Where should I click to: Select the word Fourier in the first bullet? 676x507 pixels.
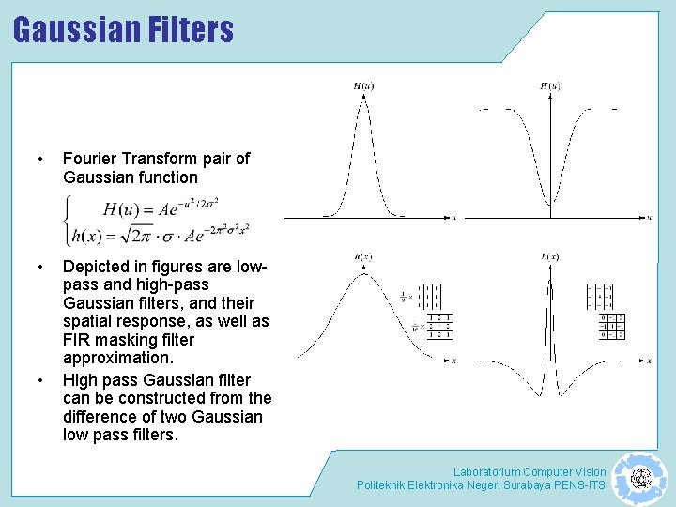[x=91, y=159]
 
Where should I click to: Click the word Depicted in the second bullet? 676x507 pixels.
[x=98, y=268]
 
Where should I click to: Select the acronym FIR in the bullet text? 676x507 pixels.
[x=78, y=340]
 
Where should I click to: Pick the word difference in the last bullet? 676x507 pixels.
[x=101, y=417]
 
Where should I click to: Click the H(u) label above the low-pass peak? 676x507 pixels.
[x=362, y=87]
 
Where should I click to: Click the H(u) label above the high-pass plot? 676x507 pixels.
[x=549, y=87]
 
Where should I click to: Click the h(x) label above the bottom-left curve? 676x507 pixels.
[x=362, y=255]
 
